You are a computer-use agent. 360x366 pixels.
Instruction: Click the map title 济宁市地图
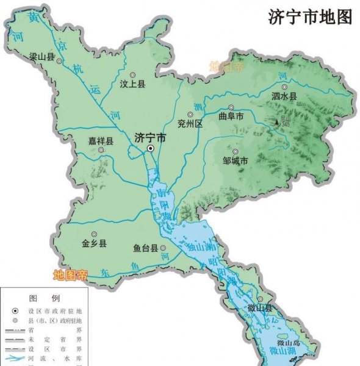(310, 17)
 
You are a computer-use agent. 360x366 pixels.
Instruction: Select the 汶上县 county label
(133, 85)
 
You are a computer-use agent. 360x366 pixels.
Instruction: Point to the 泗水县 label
(284, 96)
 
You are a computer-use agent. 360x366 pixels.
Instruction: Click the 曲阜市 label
(232, 116)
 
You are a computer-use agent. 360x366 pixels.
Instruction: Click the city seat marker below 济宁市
(150, 148)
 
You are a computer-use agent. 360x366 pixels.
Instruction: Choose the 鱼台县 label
(146, 248)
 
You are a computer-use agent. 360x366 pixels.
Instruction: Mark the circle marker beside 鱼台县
(163, 248)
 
